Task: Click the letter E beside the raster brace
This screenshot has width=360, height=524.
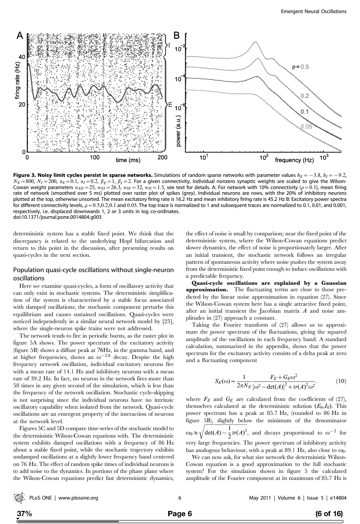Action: coord(171,105)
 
